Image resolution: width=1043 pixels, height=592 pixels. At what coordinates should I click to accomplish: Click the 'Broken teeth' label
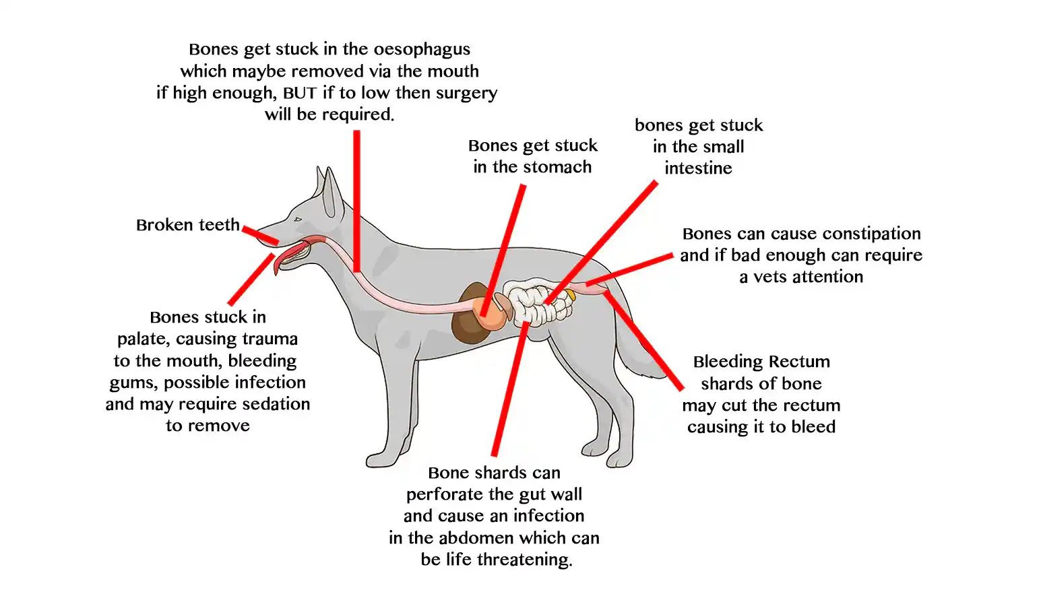187,225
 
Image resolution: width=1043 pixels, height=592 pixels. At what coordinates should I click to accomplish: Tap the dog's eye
297,219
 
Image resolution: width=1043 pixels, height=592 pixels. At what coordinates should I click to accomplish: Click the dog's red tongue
283,257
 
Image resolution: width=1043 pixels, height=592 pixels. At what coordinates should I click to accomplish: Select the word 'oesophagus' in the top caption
422,49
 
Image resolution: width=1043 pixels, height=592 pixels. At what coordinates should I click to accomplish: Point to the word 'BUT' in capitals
299,93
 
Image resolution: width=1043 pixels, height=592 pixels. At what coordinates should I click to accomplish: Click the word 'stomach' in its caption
559,167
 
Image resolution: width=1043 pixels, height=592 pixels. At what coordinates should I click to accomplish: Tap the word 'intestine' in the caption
698,168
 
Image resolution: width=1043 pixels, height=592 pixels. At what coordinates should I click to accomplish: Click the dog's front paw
381,461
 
